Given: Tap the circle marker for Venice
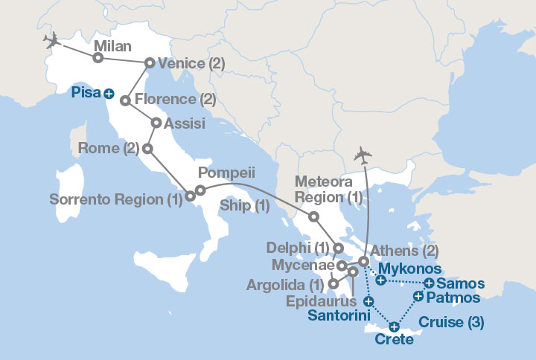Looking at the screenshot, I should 149,63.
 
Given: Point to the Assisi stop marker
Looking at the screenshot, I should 156,123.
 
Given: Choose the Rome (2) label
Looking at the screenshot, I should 109,149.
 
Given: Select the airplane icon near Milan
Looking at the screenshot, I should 52,39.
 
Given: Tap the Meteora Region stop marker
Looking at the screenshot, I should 314,217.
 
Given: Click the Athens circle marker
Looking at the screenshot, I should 363,261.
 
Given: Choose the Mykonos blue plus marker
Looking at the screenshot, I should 380,280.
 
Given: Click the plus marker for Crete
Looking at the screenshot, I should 395,326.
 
